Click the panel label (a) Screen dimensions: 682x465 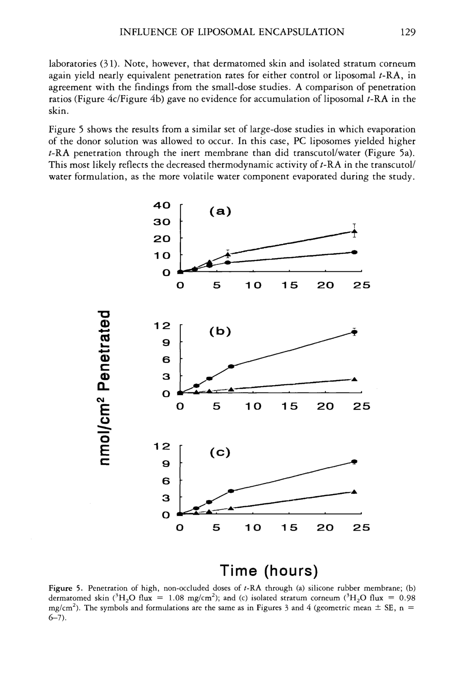point(220,211)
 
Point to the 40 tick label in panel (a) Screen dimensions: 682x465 point(162,205)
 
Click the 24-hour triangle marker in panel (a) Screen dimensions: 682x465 point(355,231)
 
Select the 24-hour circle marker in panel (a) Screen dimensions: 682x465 point(355,252)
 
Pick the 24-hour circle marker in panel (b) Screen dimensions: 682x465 point(355,332)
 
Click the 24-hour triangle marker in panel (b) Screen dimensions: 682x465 point(354,379)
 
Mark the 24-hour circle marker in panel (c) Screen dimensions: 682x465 point(355,461)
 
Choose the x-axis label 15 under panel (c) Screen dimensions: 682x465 point(289,528)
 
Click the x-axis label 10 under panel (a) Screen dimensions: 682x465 point(253,285)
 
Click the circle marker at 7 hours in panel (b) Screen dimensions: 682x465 point(231,366)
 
